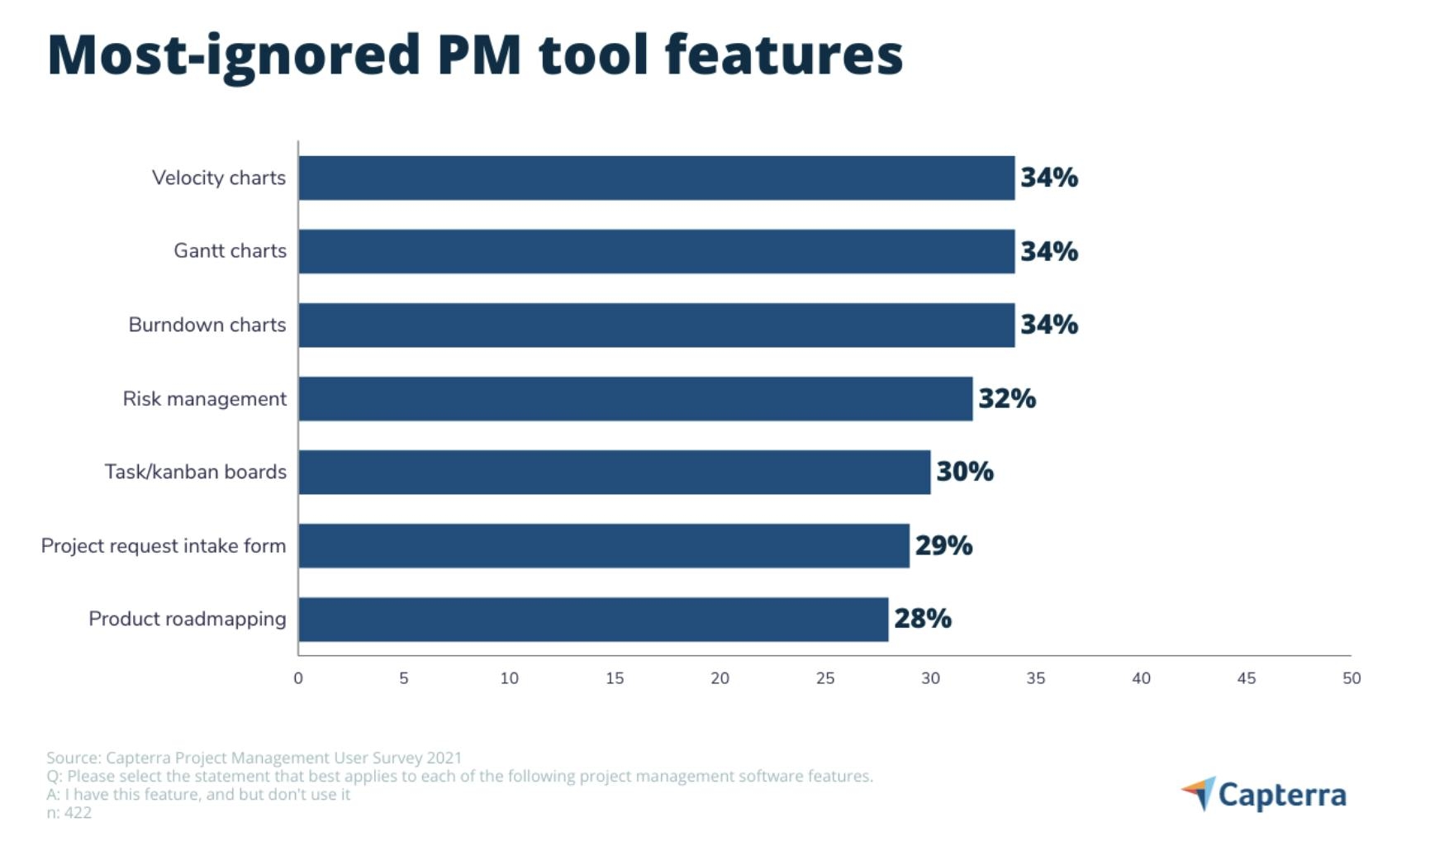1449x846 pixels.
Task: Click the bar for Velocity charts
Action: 656,178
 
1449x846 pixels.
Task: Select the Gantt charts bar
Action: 656,251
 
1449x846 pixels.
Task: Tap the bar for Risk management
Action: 635,398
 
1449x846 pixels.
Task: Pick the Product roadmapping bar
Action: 593,619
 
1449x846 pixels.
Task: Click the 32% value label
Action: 1006,398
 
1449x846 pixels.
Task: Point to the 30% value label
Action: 964,472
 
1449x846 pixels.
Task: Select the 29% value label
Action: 943,545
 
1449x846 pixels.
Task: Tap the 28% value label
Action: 922,619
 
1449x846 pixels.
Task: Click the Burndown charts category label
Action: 207,325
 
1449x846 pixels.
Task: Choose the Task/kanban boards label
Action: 195,472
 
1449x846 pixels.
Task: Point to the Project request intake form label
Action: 164,546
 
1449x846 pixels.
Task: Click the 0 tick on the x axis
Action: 298,678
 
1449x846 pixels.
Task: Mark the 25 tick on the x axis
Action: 824,678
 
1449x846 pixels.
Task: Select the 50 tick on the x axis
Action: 1351,678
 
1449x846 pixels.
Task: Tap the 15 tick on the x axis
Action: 614,678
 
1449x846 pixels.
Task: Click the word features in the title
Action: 783,55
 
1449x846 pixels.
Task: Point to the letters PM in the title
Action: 479,55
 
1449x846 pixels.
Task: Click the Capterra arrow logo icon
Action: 1199,793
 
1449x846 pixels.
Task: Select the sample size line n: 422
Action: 69,813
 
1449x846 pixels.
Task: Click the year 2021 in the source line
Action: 444,758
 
